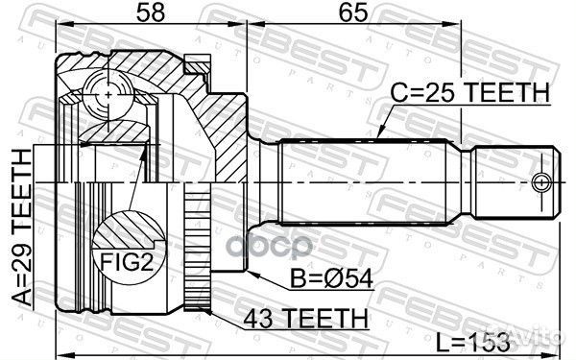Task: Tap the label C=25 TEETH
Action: (470, 92)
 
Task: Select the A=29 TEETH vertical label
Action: (22, 228)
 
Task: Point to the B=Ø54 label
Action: (332, 278)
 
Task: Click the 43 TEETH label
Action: (305, 318)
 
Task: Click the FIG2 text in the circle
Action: (127, 262)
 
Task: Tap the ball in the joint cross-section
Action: (108, 95)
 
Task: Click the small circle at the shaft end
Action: (541, 182)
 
